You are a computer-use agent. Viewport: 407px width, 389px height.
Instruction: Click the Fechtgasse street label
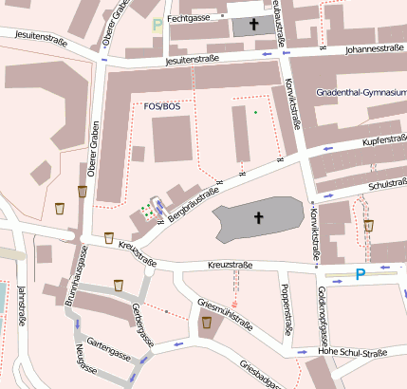pos(186,18)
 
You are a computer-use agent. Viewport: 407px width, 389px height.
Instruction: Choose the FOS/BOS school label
pos(160,106)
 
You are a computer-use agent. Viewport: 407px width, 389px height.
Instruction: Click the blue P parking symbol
pos(360,275)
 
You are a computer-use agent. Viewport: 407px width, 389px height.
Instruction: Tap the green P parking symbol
pos(157,25)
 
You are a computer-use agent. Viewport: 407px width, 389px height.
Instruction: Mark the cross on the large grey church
pos(257,218)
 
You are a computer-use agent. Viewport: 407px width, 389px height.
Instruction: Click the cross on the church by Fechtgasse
pos(253,24)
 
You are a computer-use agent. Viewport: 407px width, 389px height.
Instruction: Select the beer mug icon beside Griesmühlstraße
pos(206,324)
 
